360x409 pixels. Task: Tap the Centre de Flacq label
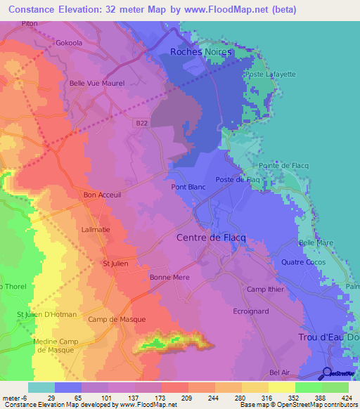click(x=211, y=238)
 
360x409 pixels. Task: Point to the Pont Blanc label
click(x=188, y=188)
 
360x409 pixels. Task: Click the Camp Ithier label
click(x=264, y=290)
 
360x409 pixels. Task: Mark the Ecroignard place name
click(x=251, y=311)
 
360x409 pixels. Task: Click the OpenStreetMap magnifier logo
click(x=328, y=374)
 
